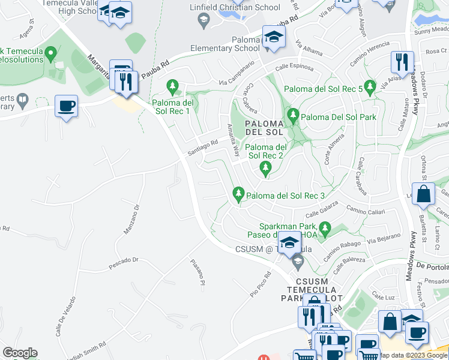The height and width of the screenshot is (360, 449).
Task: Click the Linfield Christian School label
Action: pyautogui.click(x=242, y=8)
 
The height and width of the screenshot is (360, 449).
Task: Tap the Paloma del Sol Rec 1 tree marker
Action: pyautogui.click(x=173, y=87)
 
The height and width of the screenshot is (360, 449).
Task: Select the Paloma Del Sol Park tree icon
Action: pyautogui.click(x=293, y=114)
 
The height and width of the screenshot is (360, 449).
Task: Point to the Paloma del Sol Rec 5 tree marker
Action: pyautogui.click(x=369, y=87)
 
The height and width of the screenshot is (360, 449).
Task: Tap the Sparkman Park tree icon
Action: pyautogui.click(x=325, y=227)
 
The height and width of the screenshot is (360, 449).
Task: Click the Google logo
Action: pyautogui.click(x=20, y=353)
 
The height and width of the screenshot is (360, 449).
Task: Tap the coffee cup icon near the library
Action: pyautogui.click(x=66, y=106)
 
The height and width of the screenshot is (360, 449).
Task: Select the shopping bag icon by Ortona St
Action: pyautogui.click(x=424, y=194)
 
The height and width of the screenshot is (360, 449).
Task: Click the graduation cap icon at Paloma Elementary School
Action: pyautogui.click(x=274, y=37)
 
